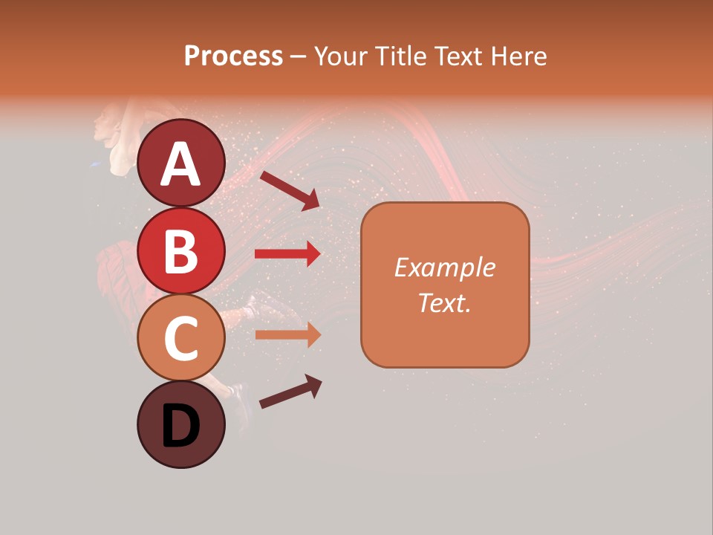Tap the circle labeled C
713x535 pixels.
[180, 338]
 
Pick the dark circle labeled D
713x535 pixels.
[180, 425]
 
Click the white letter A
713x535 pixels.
[180, 164]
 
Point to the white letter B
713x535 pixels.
[180, 251]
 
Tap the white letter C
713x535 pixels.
[180, 339]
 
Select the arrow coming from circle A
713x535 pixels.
[290, 189]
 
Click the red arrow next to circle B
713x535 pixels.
[287, 254]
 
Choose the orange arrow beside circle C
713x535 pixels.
[287, 334]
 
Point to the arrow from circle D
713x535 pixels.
[290, 392]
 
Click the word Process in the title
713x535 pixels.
[233, 56]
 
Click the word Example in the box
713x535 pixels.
[444, 267]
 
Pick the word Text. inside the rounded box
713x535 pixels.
[444, 302]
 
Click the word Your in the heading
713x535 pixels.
[341, 56]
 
